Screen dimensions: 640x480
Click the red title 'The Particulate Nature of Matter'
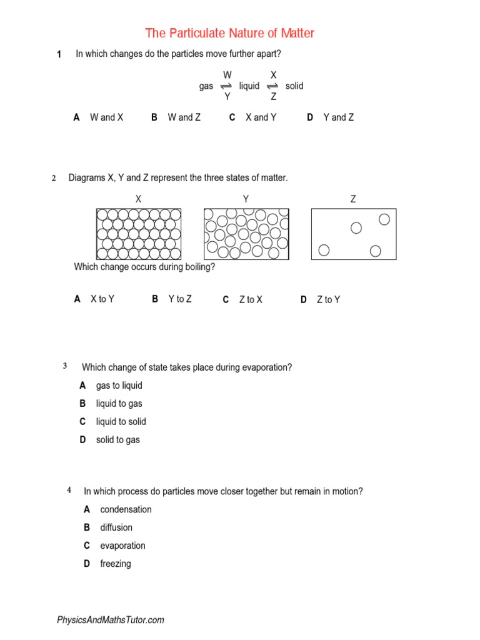[x=229, y=33]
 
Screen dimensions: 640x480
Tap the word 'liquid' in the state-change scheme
[x=249, y=86]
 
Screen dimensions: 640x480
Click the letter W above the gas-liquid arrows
[x=227, y=75]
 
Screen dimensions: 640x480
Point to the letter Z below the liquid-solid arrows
[x=273, y=97]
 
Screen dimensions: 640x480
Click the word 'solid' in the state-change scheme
[x=294, y=86]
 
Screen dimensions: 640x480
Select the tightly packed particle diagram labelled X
[x=139, y=234]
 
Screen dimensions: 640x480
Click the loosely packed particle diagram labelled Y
[x=246, y=234]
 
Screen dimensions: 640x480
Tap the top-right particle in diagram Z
[x=384, y=219]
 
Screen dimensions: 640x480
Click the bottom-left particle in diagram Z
[x=324, y=251]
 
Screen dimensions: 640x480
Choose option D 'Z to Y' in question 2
[x=328, y=300]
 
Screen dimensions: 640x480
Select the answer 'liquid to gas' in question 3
[x=119, y=404]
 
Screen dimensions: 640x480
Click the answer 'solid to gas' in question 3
[x=117, y=440]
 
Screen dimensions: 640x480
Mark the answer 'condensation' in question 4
[x=126, y=509]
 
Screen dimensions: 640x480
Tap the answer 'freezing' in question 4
[x=116, y=564]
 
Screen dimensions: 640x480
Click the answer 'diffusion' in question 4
[x=116, y=527]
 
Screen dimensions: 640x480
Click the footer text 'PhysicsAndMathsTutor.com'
[x=111, y=620]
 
